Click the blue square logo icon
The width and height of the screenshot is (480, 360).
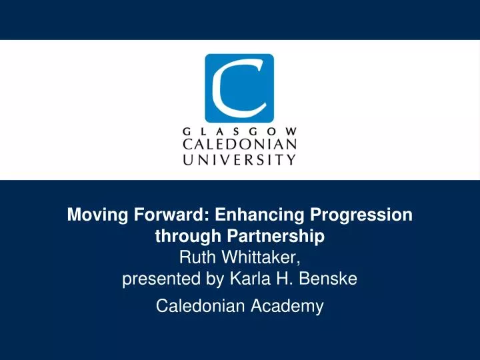239,88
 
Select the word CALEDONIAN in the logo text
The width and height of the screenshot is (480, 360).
239,145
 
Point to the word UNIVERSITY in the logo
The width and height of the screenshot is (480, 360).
239,159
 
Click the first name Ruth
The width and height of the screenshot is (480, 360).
197,257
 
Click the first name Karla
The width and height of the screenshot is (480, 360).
247,281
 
